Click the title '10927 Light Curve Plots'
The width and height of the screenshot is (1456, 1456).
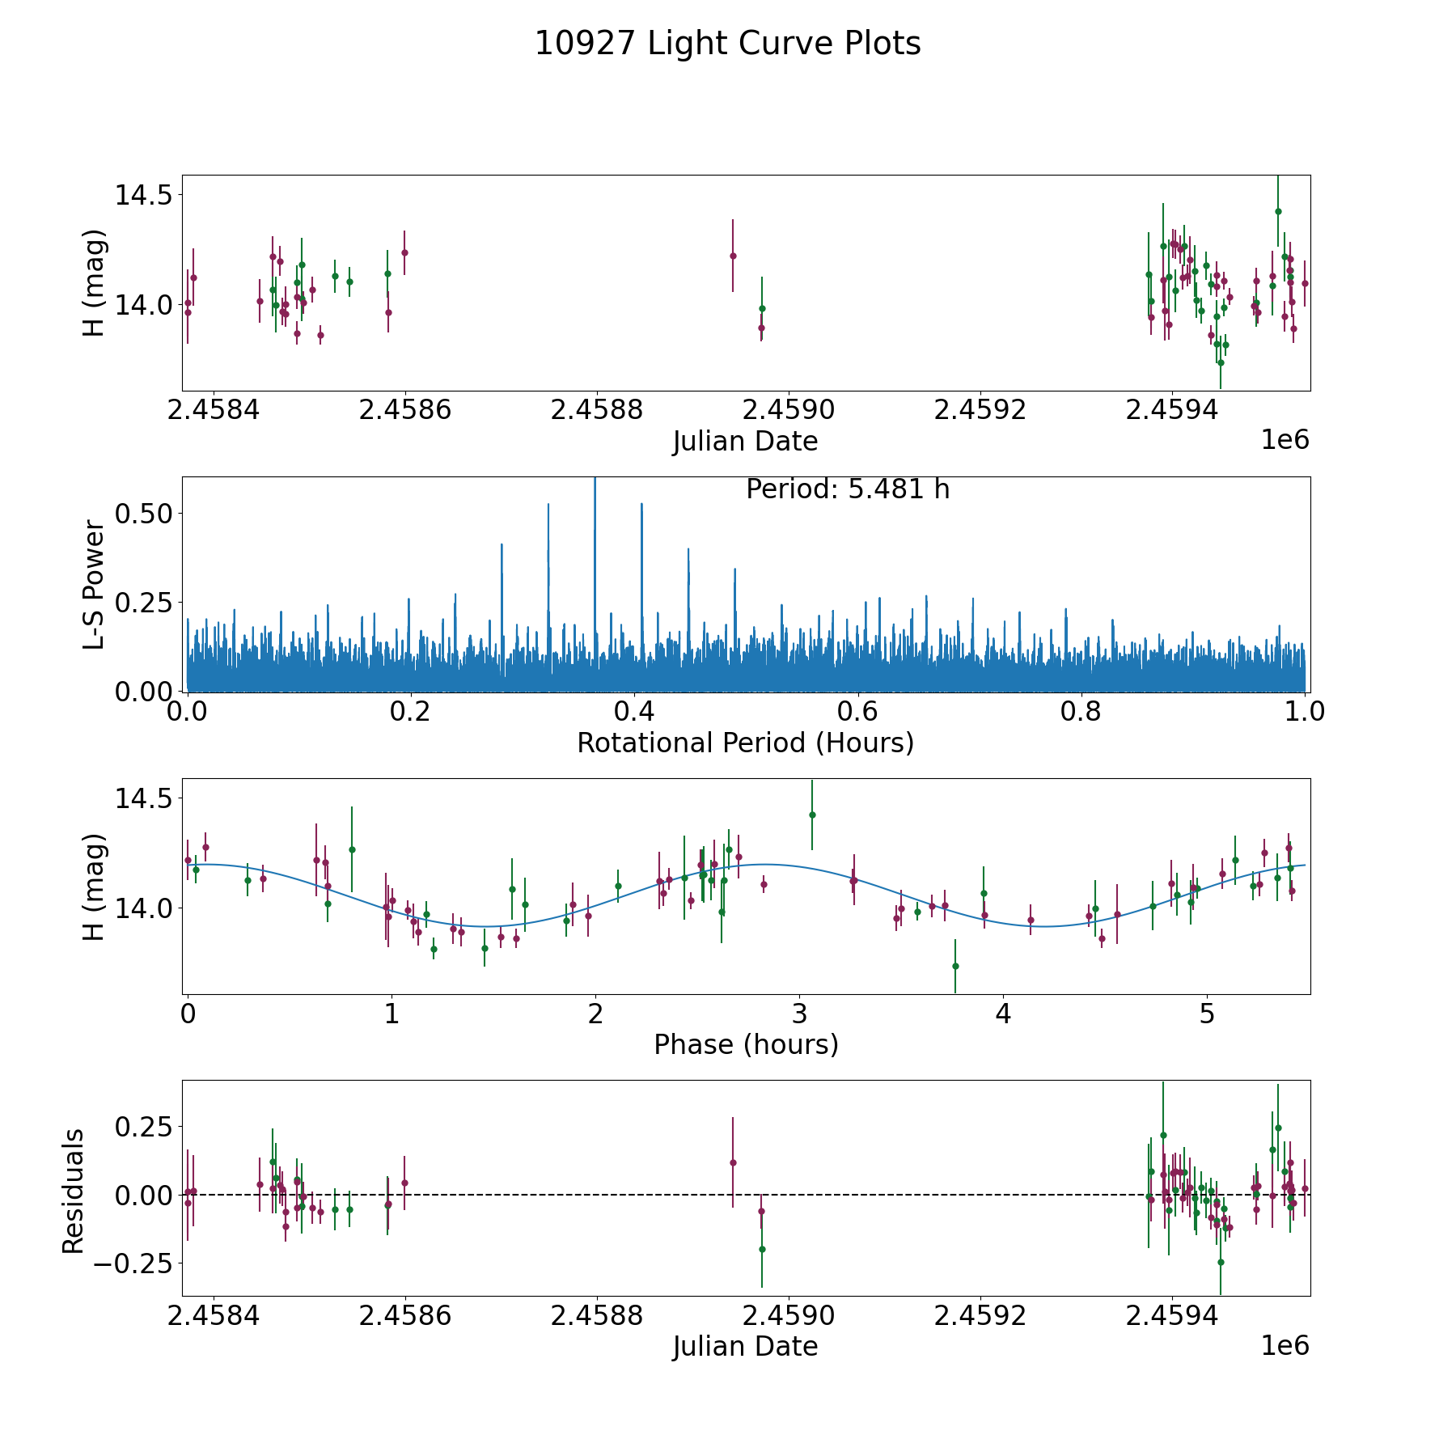click(x=727, y=44)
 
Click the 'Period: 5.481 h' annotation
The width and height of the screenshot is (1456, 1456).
click(x=847, y=489)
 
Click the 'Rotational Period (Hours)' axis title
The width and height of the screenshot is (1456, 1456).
click(x=745, y=743)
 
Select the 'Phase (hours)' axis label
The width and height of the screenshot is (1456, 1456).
click(x=745, y=1044)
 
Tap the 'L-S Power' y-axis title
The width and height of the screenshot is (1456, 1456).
click(x=94, y=585)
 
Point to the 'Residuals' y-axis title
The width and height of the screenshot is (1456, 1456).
click(x=74, y=1191)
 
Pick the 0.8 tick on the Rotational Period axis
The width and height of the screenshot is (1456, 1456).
click(x=1081, y=712)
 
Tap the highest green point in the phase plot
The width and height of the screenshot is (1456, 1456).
click(x=812, y=815)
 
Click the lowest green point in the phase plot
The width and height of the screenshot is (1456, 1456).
click(x=955, y=966)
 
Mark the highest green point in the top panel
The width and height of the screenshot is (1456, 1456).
click(x=1278, y=211)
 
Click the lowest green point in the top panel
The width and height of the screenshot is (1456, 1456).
click(x=1221, y=362)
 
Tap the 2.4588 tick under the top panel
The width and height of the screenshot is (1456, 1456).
click(x=596, y=410)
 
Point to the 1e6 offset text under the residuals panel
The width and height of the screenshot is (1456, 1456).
click(x=1285, y=1345)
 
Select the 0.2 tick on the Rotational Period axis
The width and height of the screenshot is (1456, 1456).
click(x=411, y=712)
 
